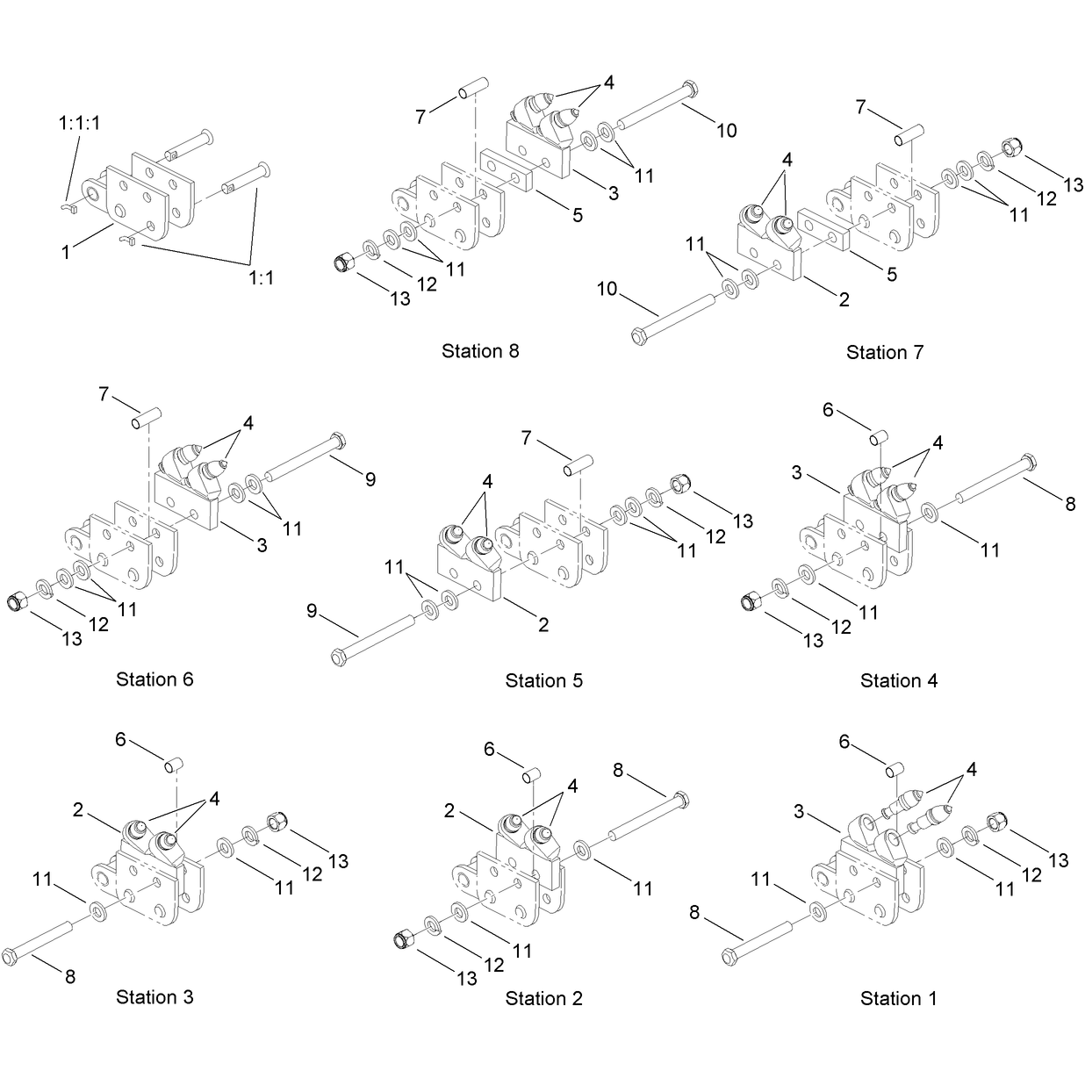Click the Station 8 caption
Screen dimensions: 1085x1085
point(479,351)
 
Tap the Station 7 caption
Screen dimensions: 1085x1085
point(885,353)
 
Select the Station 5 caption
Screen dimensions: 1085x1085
point(543,680)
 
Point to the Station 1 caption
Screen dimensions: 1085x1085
point(899,998)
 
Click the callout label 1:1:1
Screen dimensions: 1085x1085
point(79,123)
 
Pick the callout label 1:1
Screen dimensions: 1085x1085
point(262,277)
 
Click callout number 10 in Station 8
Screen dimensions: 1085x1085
point(726,131)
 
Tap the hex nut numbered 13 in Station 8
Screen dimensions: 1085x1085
point(342,262)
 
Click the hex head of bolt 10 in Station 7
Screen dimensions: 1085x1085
point(639,337)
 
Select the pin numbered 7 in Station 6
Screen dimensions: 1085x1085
point(147,419)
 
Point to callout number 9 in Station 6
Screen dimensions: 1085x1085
point(370,479)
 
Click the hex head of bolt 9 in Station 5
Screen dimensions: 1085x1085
point(338,657)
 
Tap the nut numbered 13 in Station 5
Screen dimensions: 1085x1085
point(679,484)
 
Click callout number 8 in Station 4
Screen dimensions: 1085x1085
point(1070,504)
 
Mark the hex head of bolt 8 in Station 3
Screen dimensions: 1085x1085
point(9,957)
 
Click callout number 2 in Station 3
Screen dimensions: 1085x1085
point(78,810)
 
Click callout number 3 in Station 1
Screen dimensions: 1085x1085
point(799,812)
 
